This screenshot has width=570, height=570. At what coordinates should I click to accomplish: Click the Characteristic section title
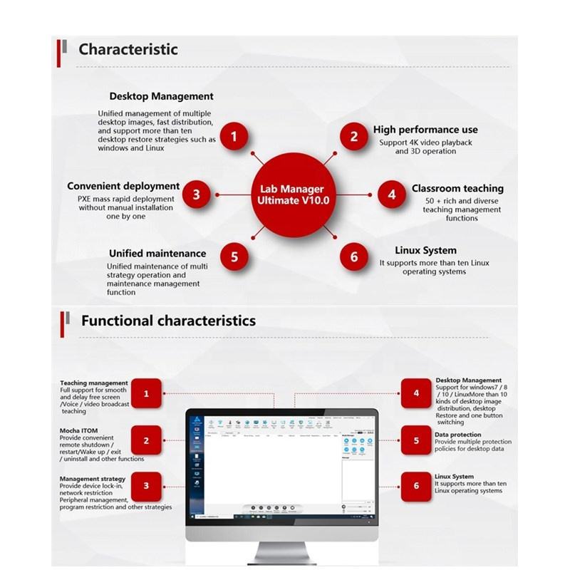(x=128, y=49)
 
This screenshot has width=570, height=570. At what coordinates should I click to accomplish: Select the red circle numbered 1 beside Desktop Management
(x=234, y=135)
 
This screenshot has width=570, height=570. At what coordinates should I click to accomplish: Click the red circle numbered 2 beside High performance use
(x=354, y=137)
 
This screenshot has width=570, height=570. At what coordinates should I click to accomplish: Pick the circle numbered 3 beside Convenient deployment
(x=196, y=194)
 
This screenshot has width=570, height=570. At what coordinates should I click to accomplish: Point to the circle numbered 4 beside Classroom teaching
(x=391, y=194)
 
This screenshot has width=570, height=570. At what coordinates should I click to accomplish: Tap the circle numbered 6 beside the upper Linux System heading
(x=354, y=256)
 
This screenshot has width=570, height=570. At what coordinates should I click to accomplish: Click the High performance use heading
(x=425, y=130)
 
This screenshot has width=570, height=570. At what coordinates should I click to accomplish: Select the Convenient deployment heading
(x=123, y=187)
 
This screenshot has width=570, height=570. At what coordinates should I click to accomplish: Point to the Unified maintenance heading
(x=157, y=253)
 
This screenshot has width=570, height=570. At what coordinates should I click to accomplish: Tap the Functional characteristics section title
(x=168, y=321)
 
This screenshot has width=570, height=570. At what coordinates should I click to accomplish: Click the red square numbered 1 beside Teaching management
(x=146, y=393)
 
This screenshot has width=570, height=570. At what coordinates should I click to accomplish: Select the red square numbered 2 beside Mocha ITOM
(x=146, y=440)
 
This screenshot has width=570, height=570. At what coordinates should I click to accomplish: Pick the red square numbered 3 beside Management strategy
(x=146, y=486)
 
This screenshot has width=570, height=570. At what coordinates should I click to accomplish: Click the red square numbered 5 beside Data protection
(x=416, y=440)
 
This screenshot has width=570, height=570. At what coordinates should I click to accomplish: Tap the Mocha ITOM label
(x=78, y=431)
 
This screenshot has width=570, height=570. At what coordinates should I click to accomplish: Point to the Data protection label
(x=457, y=435)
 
